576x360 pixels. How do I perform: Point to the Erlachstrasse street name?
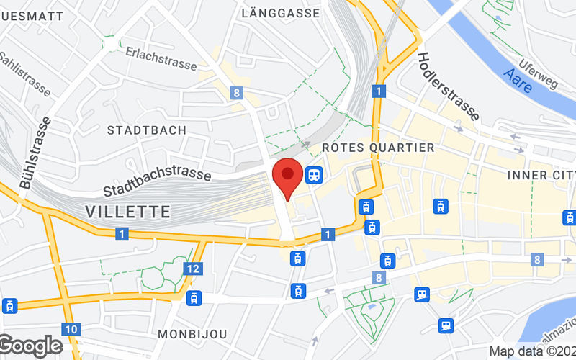click(161, 58)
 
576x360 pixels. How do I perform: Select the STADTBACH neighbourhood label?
click(146, 130)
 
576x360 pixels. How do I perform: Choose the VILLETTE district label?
click(128, 212)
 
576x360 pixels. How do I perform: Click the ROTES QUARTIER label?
click(378, 148)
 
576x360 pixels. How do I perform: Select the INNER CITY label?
click(541, 175)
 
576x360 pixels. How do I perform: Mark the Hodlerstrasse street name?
click(448, 86)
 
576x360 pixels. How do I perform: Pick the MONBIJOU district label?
click(192, 335)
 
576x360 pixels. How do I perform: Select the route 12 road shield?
click(192, 269)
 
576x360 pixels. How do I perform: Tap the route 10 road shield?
click(70, 329)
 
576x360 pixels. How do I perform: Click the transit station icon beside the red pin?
click(313, 174)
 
